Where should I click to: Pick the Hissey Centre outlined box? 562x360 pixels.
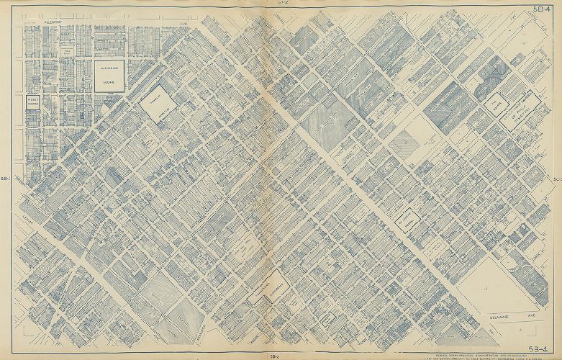coord(33,103)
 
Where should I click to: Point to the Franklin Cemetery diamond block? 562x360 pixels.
coord(160,104)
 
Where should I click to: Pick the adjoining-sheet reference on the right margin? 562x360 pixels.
coord(557,178)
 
